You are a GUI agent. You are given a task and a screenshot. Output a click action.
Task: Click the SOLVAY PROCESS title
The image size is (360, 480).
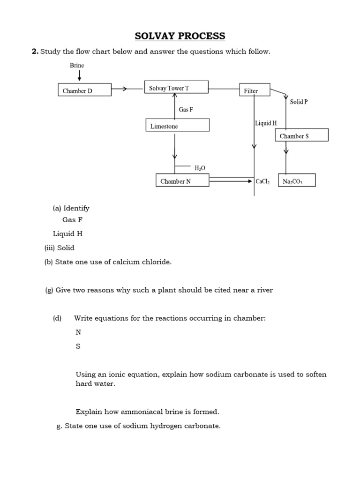click(x=180, y=36)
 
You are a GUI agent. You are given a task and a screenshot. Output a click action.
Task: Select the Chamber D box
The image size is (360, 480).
click(x=84, y=90)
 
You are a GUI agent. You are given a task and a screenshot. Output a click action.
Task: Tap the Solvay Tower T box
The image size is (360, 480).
click(x=176, y=88)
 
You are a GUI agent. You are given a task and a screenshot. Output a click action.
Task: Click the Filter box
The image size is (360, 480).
click(x=255, y=90)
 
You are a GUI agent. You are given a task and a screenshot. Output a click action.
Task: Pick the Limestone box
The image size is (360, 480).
click(x=177, y=126)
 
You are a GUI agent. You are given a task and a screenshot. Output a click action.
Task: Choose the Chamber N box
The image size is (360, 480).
click(x=182, y=181)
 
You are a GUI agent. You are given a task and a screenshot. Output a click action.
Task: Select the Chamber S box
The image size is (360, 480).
click(x=301, y=135)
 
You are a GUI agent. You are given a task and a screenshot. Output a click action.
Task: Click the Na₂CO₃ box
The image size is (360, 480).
click(x=297, y=181)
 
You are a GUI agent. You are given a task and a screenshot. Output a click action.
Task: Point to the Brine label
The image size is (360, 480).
click(x=77, y=66)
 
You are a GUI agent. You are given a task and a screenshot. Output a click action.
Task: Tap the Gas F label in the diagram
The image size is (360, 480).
click(x=186, y=109)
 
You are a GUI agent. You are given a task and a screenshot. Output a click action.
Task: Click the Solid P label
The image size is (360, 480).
click(x=299, y=102)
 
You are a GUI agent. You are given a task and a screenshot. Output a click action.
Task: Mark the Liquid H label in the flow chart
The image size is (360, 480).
click(x=266, y=123)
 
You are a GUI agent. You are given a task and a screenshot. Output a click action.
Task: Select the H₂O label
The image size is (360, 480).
click(x=200, y=167)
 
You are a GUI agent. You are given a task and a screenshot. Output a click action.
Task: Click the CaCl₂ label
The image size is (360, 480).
click(x=262, y=181)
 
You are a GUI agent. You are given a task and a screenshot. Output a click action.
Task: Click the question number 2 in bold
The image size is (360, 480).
click(x=35, y=52)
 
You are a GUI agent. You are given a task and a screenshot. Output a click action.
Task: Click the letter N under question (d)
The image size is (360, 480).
click(x=78, y=332)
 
